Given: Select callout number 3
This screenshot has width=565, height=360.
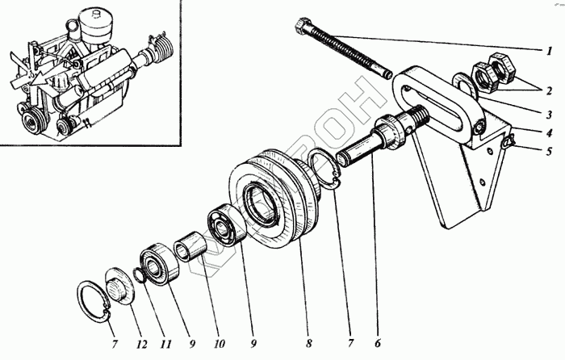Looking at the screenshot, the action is coord(546,114).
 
